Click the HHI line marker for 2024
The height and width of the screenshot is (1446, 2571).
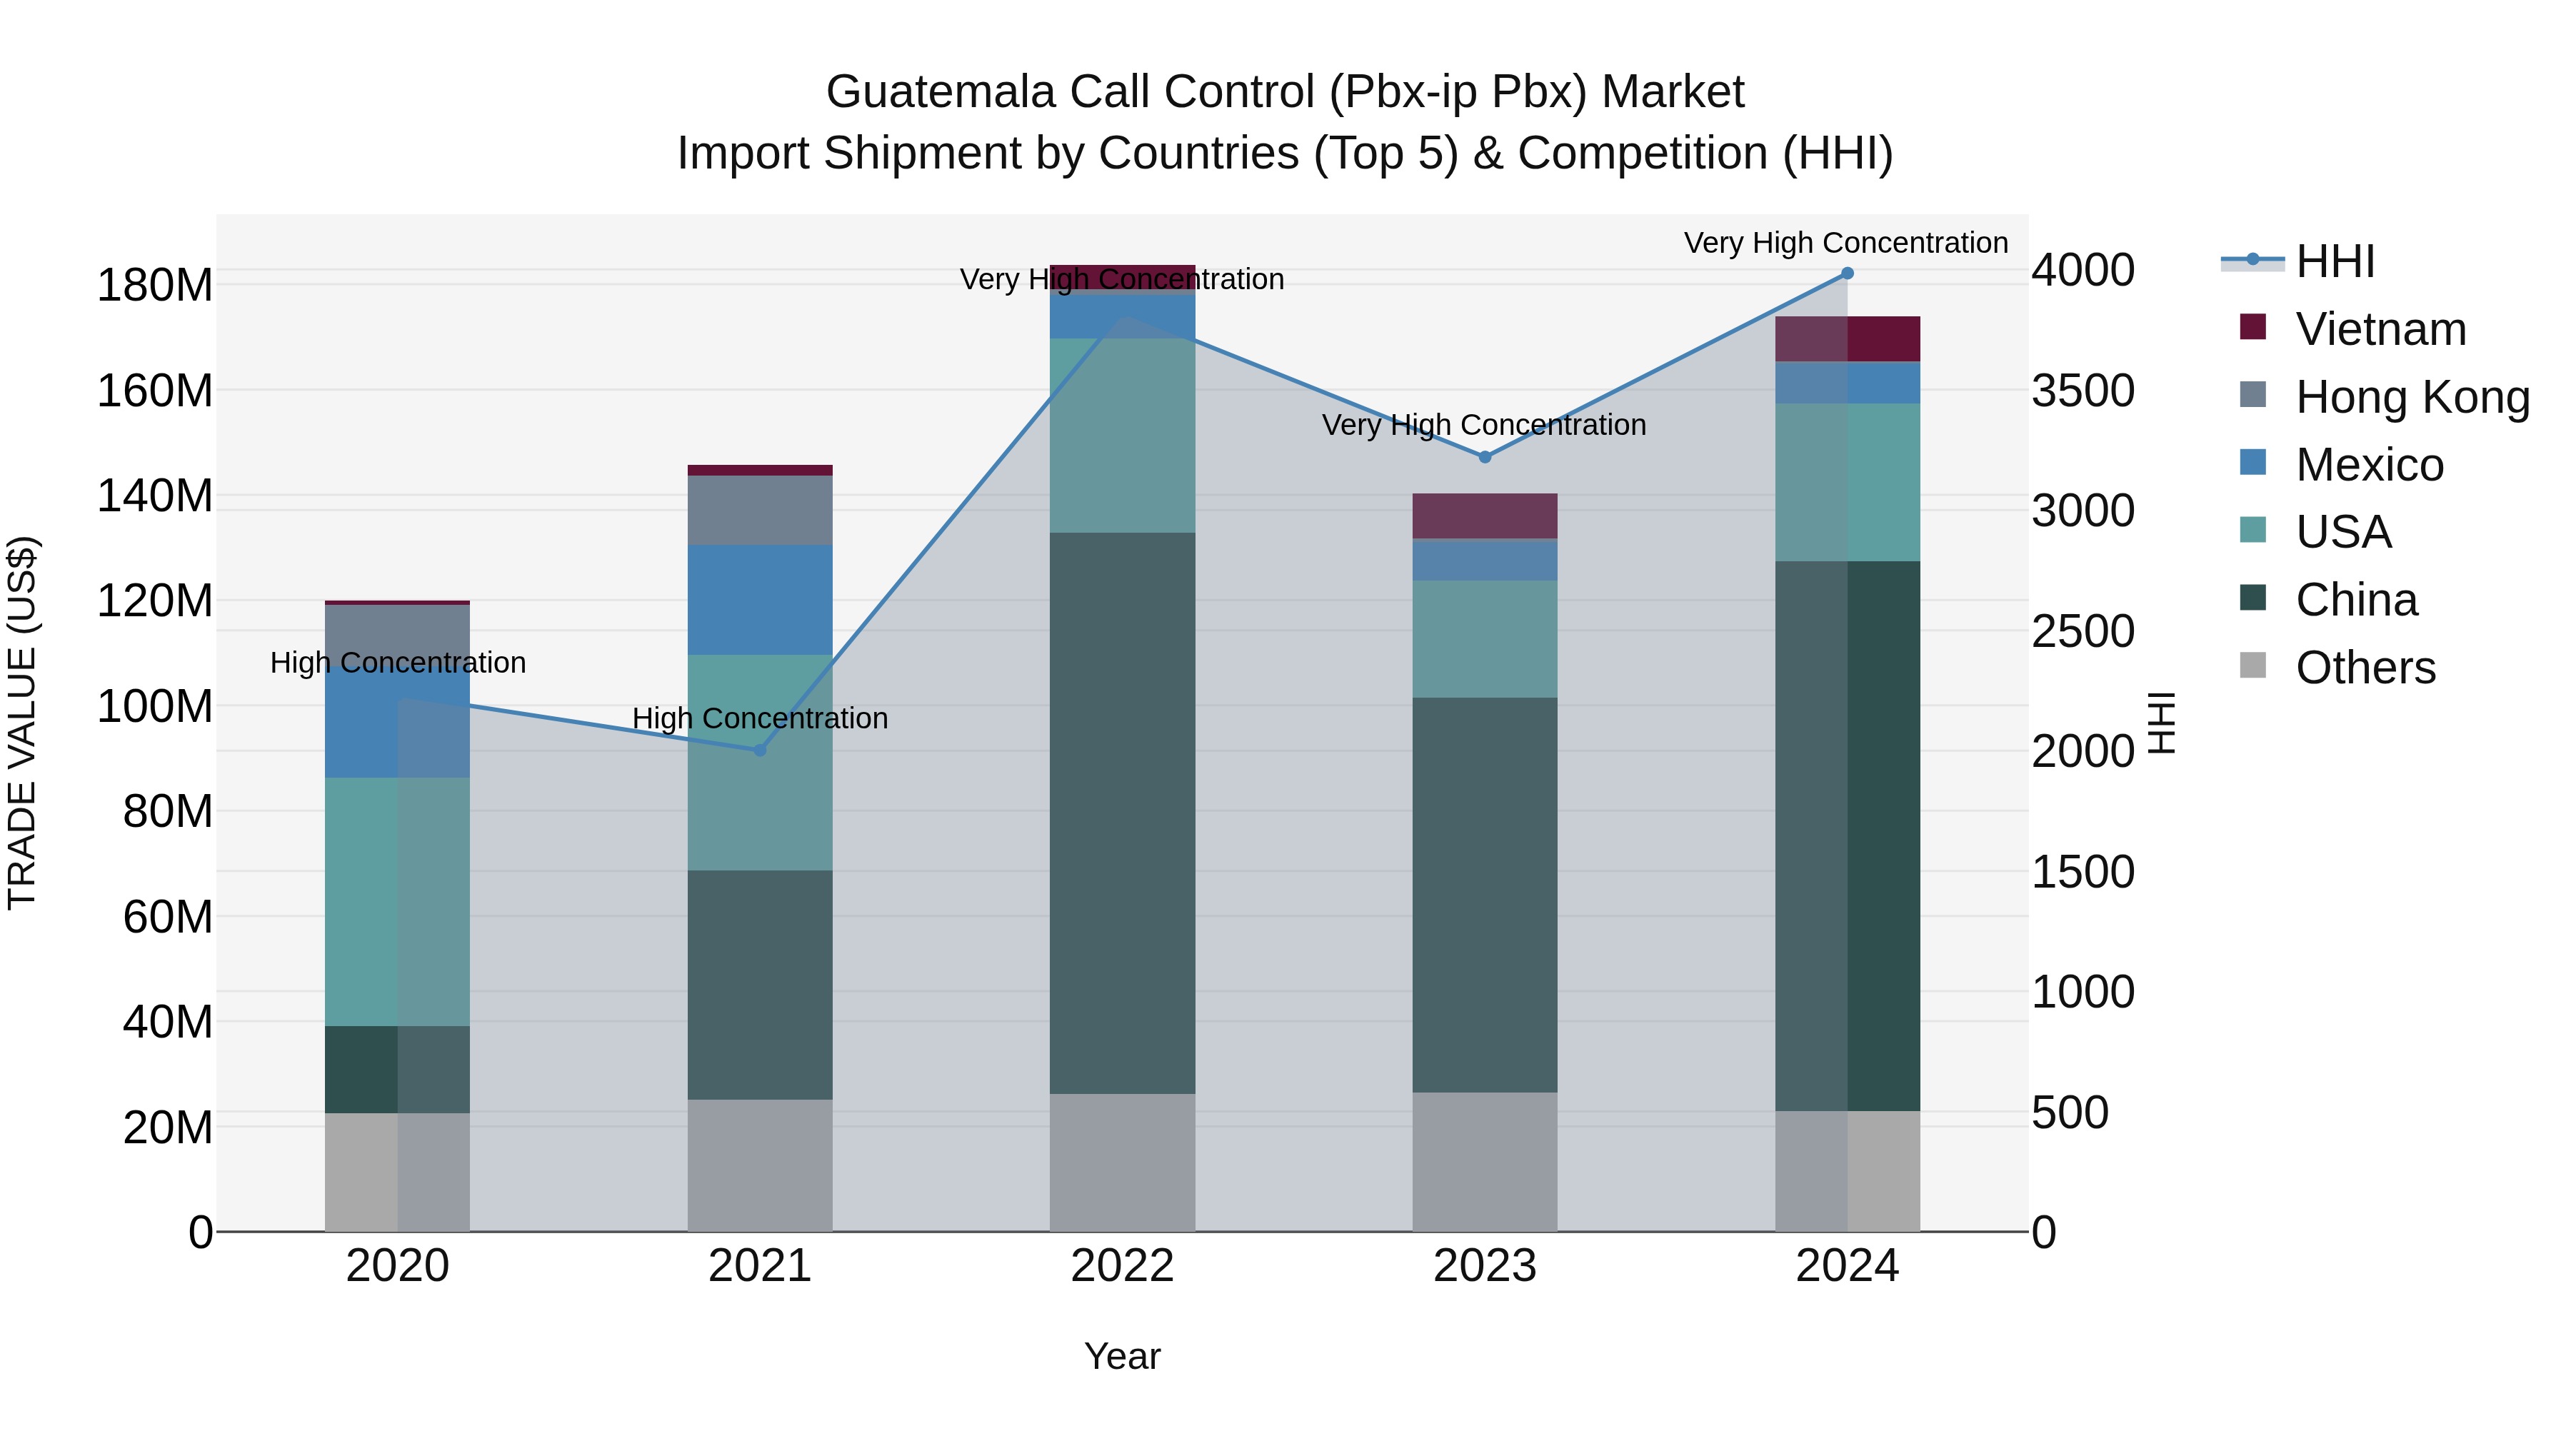tap(1846, 273)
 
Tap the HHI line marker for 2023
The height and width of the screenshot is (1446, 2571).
tap(1484, 457)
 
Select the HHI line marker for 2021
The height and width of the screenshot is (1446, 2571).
tap(760, 750)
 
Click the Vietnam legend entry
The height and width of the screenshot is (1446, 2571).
tap(2380, 329)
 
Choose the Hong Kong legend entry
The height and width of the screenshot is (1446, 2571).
tap(2412, 397)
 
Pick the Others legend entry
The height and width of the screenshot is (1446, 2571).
tap(2365, 668)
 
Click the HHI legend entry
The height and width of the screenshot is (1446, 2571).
tap(2335, 261)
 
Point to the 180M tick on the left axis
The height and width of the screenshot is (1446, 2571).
tap(155, 286)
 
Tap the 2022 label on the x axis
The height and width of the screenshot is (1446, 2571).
tap(1122, 1266)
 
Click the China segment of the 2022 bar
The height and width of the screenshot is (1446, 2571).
tap(1122, 813)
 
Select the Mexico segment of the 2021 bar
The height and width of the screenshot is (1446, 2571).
tap(760, 600)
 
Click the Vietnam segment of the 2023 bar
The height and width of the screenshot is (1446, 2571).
tap(1484, 516)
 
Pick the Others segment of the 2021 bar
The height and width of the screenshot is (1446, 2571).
tap(760, 1165)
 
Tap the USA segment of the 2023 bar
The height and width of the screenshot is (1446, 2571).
tap(1484, 638)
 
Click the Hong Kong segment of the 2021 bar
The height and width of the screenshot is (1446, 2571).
tap(760, 510)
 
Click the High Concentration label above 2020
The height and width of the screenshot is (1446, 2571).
tap(397, 663)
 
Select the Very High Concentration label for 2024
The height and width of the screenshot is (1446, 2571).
tap(1845, 243)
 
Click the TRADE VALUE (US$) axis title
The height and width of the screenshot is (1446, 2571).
tap(22, 723)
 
